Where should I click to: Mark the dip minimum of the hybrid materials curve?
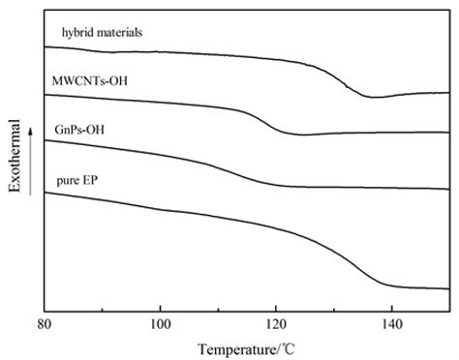pyautogui.click(x=372, y=98)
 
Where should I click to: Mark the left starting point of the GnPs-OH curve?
pyautogui.click(x=46, y=140)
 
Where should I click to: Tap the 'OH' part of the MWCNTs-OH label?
pyautogui.click(x=124, y=83)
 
